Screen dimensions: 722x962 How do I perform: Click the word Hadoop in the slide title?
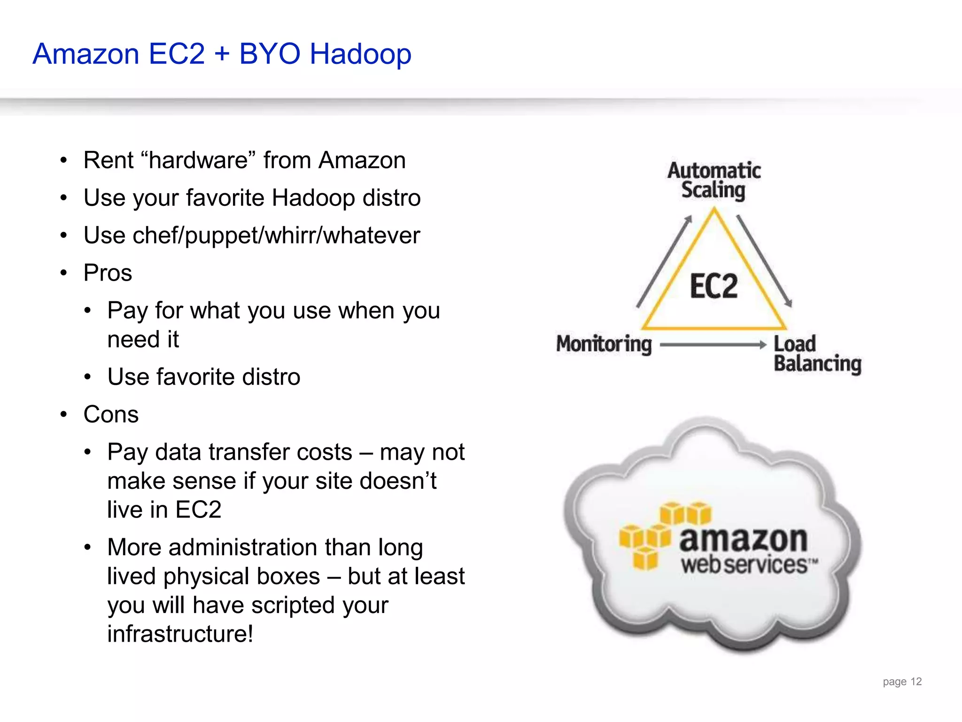click(360, 54)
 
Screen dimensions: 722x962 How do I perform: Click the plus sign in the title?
click(222, 54)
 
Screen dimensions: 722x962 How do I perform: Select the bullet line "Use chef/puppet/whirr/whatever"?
click(252, 235)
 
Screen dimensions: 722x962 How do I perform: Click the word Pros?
click(108, 273)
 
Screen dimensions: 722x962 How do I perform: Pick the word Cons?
click(111, 415)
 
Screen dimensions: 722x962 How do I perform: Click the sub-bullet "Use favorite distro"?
click(203, 377)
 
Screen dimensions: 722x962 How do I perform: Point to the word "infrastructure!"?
click(180, 634)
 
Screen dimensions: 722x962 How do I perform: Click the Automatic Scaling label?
click(714, 180)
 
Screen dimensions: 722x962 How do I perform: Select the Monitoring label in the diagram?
click(604, 344)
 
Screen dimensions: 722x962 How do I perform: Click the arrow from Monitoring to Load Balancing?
click(713, 345)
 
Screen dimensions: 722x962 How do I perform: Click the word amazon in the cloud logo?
click(743, 540)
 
